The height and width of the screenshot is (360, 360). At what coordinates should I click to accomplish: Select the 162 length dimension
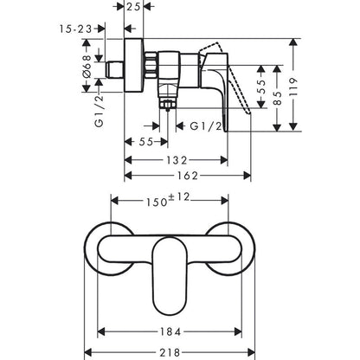188,177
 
